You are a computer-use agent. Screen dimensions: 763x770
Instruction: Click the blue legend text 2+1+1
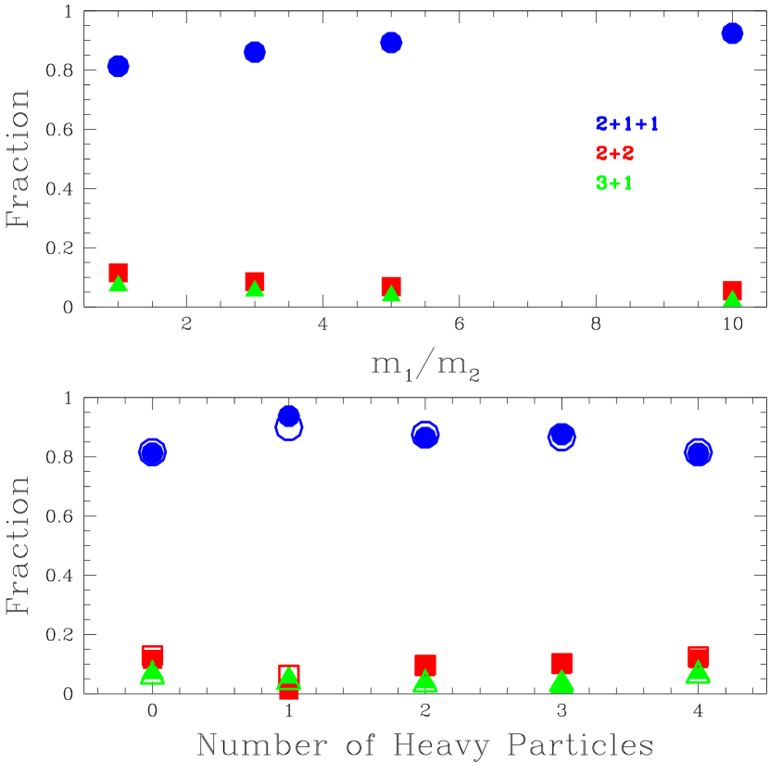[627, 124]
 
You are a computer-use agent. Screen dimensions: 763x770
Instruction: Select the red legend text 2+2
[614, 154]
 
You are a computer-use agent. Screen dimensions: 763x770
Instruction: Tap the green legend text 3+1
[613, 184]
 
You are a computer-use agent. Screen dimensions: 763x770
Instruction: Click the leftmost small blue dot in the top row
[119, 67]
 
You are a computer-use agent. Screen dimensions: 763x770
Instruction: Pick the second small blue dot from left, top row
[255, 53]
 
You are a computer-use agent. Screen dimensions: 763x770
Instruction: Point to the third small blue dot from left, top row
[391, 43]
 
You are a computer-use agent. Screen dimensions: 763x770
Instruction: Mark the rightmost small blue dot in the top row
[732, 33]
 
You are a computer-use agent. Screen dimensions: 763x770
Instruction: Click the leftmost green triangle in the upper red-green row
[119, 285]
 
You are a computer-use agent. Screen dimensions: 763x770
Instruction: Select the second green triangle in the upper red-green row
[255, 290]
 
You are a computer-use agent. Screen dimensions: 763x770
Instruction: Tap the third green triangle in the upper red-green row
[391, 295]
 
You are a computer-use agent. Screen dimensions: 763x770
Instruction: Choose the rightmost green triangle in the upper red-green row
[732, 299]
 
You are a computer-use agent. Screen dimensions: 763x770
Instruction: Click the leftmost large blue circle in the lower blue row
[153, 452]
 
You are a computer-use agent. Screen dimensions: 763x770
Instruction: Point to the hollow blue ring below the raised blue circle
[289, 428]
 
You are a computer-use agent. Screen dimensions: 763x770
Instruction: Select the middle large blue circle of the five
[425, 434]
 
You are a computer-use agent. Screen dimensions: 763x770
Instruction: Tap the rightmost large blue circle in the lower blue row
[698, 452]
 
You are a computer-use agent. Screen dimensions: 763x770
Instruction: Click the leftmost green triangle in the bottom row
[153, 674]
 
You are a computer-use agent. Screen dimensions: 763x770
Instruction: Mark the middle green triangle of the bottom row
[425, 681]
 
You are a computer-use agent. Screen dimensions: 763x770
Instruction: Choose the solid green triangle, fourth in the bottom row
[562, 682]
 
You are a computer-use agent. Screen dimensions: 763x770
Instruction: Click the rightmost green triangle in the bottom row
[698, 673]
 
